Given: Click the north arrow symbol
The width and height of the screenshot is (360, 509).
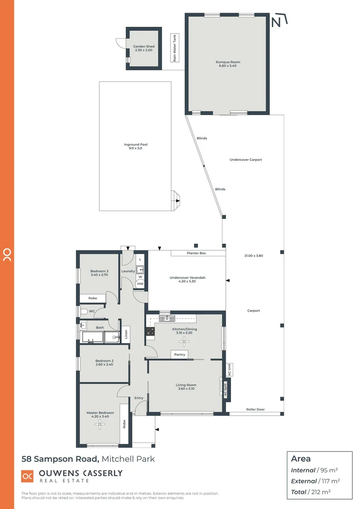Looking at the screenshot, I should point(279,21).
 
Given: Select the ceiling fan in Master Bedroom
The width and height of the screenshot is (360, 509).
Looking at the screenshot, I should point(100,424).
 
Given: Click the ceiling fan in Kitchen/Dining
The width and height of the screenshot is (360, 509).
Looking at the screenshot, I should point(183,339).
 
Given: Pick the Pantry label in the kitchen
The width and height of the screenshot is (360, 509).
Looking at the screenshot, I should point(180,354).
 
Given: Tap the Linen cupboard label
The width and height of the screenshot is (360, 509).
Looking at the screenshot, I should point(126,334).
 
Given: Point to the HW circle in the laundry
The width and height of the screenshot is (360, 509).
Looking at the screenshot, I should point(140,284).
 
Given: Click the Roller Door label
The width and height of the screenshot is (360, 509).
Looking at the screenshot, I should point(255,410).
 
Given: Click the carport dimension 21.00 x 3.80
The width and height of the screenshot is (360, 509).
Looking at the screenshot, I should point(254,256).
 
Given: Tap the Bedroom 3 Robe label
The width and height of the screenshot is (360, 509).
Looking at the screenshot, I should point(93,298).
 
